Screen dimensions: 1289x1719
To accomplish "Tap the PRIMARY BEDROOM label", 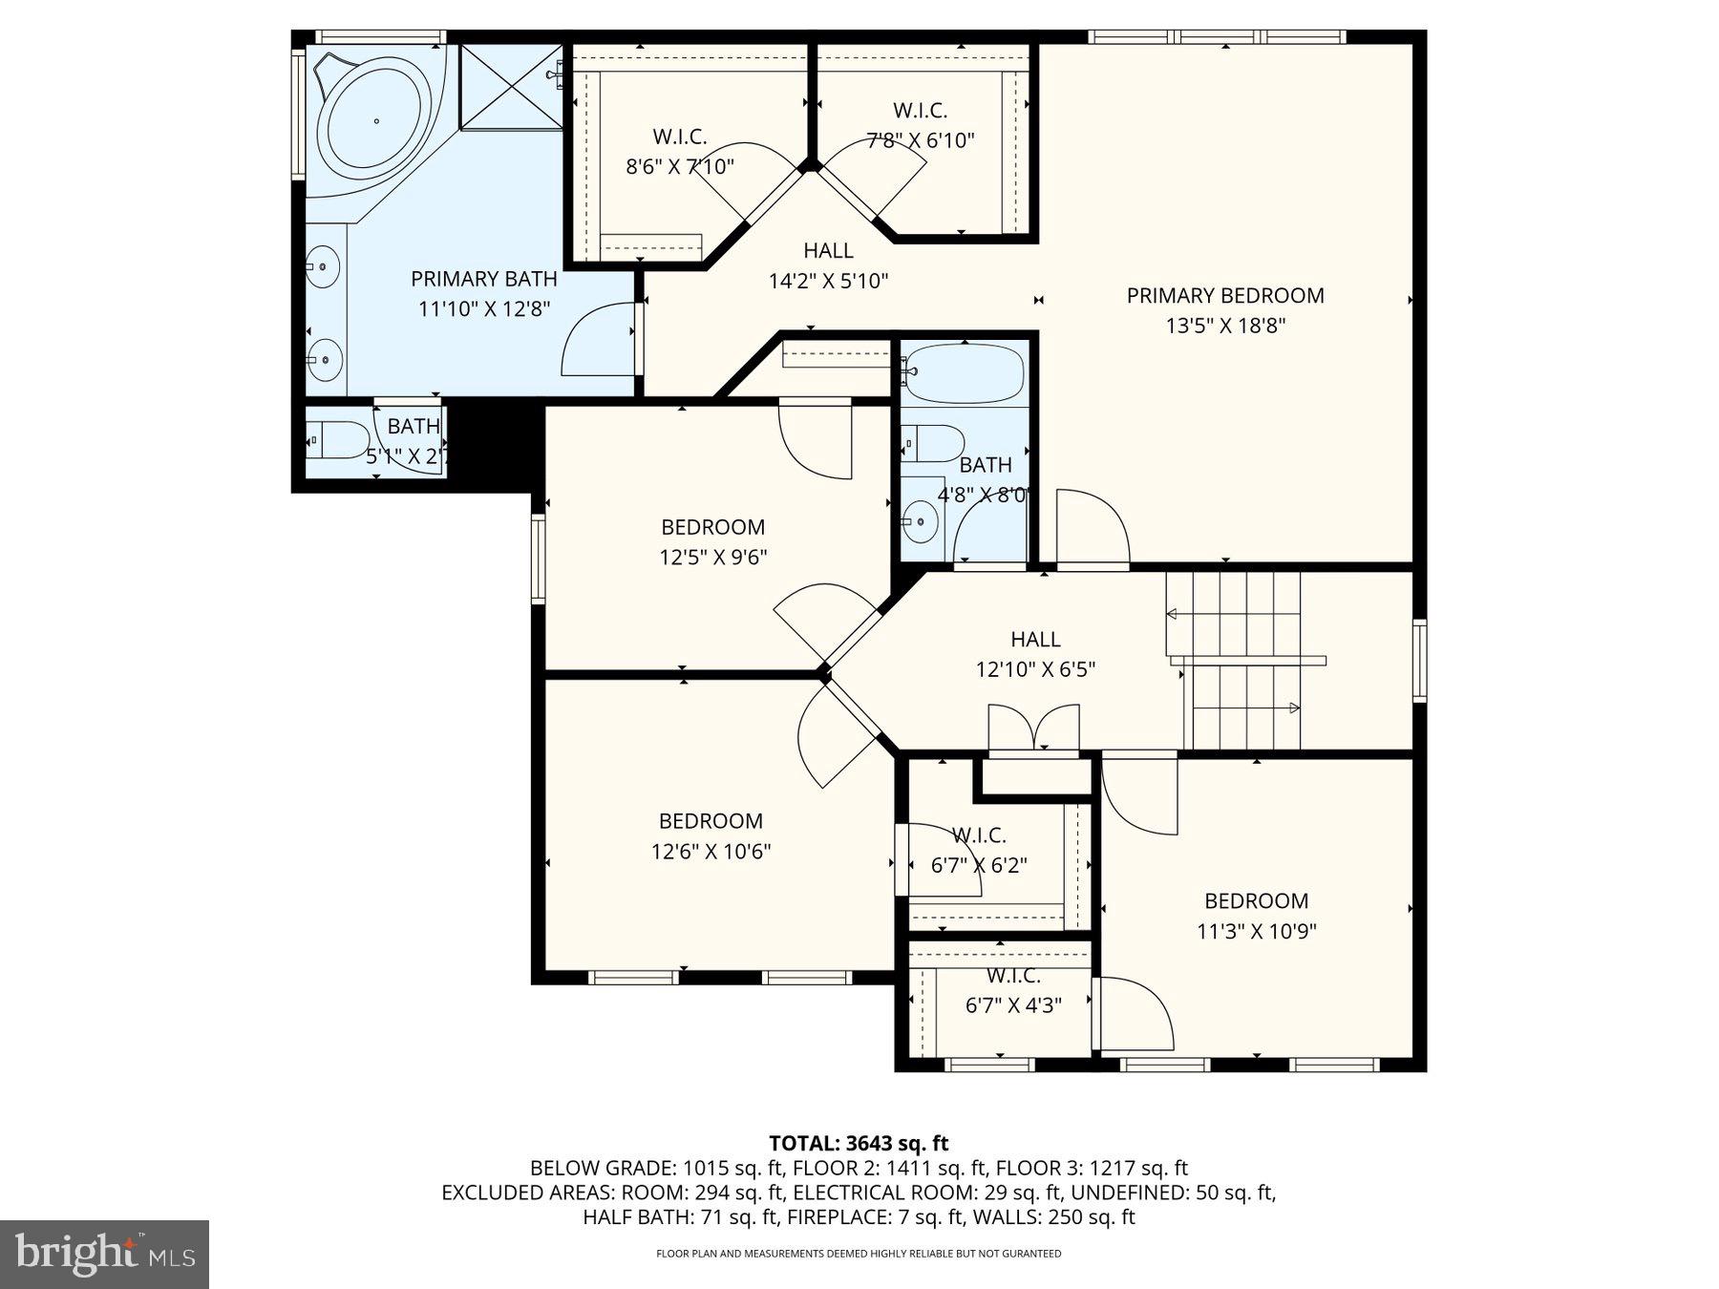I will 1224,296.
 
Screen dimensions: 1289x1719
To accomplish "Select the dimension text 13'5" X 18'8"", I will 1224,326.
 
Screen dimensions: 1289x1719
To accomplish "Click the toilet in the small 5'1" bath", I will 340,440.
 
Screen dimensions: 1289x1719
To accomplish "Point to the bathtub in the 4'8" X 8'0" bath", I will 965,373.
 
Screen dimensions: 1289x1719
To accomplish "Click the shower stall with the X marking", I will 512,86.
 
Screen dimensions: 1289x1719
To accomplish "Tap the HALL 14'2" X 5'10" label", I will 828,265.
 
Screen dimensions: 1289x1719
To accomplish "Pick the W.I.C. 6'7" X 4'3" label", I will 1013,990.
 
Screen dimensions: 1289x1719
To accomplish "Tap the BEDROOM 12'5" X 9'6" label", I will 712,541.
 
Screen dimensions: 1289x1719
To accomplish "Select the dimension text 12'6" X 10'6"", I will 711,852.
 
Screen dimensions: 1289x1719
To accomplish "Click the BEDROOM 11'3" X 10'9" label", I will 1256,916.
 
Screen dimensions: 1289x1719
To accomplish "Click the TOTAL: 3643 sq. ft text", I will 859,1143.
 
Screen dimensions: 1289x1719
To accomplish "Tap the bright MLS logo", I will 104,1254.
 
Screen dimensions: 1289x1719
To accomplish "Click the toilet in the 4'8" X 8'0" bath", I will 936,443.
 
